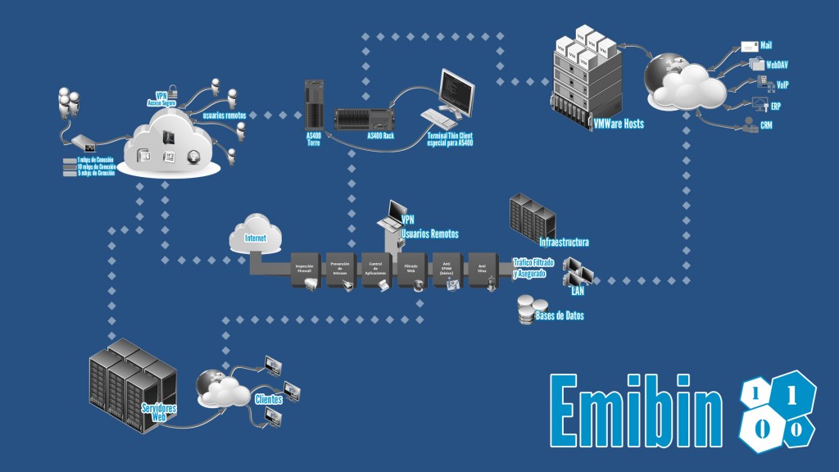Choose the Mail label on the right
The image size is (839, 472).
766,45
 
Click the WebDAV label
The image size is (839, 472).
777,63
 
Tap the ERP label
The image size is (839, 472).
775,107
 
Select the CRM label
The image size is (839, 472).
766,125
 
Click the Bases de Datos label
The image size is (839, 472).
560,315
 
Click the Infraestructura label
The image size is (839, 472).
564,243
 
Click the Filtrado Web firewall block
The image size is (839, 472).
411,265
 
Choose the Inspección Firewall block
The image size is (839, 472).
305,266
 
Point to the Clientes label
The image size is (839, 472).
269,399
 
